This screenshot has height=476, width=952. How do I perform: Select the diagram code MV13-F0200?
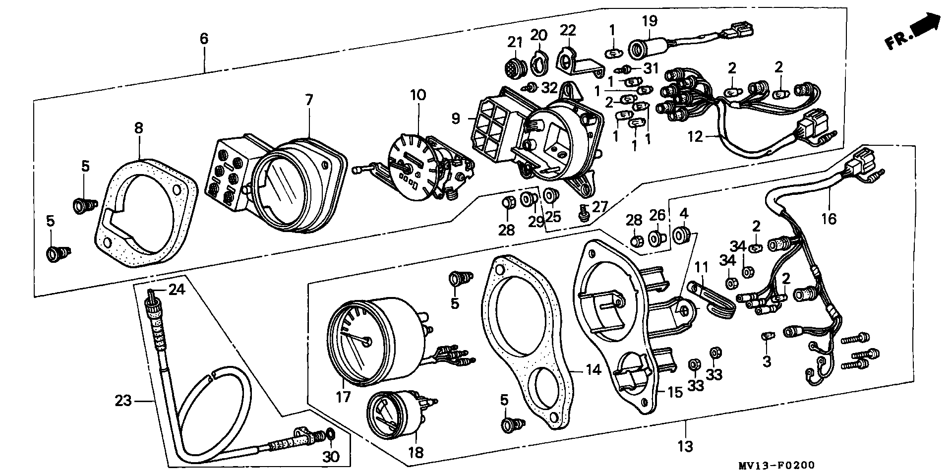pyautogui.click(x=779, y=466)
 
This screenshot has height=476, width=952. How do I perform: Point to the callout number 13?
pyautogui.click(x=686, y=446)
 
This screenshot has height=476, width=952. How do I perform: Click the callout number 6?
pyautogui.click(x=204, y=38)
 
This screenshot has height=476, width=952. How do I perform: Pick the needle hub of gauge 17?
pyautogui.click(x=366, y=342)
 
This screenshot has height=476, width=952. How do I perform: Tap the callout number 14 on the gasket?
pyautogui.click(x=593, y=369)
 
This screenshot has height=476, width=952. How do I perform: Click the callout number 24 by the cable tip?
pyautogui.click(x=177, y=289)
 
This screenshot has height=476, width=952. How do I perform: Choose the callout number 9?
pyautogui.click(x=456, y=119)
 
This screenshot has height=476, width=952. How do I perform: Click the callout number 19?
pyautogui.click(x=650, y=21)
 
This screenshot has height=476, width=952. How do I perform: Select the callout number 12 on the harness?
pyautogui.click(x=695, y=136)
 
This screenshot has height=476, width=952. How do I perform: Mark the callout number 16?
pyautogui.click(x=829, y=218)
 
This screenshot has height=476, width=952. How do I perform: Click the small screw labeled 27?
pyautogui.click(x=584, y=213)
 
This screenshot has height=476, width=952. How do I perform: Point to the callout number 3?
pyautogui.click(x=767, y=361)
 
